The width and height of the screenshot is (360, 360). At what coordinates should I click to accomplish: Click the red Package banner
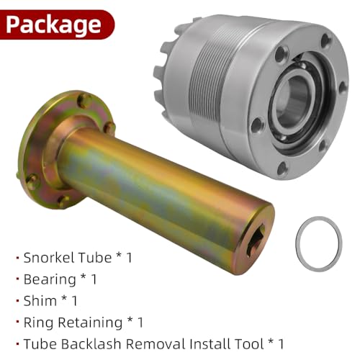click(56, 24)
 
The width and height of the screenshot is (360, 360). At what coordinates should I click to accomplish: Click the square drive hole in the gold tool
click(255, 240)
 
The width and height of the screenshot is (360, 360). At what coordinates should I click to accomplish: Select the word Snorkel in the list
click(49, 258)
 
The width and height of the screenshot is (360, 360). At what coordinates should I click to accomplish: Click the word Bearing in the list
click(50, 279)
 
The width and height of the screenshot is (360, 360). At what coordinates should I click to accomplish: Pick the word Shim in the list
click(40, 301)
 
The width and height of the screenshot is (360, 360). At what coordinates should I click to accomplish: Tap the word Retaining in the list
click(90, 323)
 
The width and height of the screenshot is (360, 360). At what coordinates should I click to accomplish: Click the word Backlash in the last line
click(91, 343)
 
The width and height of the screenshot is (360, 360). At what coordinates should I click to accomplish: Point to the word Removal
click(156, 343)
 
